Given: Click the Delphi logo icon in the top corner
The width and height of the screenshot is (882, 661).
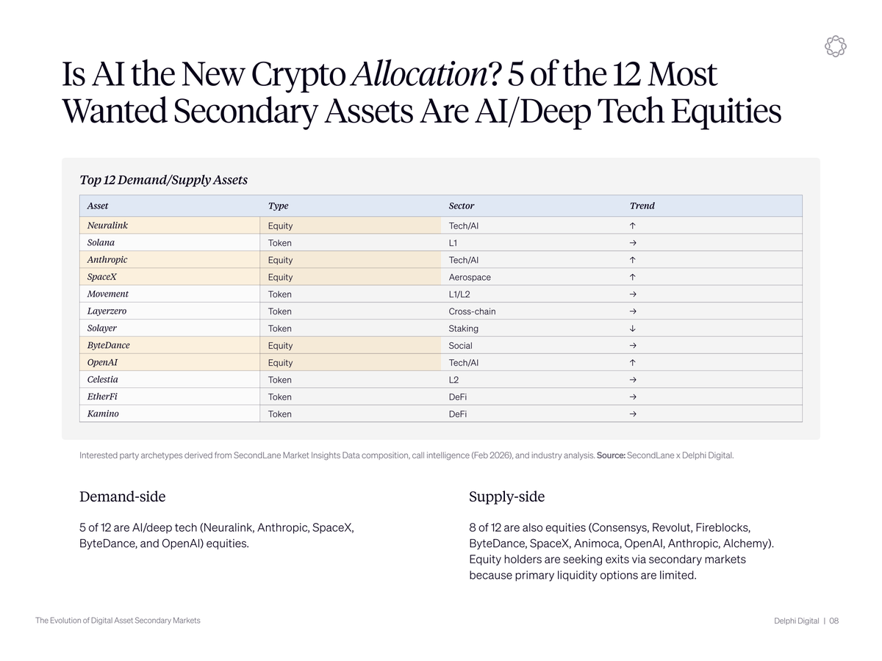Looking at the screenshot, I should click(835, 46).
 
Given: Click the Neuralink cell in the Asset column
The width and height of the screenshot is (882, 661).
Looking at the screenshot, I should click(107, 225).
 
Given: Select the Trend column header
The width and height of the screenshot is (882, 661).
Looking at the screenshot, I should click(642, 206).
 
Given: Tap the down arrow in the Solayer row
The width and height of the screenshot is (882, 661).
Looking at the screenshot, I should click(633, 328).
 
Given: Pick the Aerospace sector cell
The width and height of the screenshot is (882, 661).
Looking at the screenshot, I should click(470, 277).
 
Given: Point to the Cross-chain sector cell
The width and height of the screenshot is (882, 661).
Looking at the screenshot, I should click(472, 311).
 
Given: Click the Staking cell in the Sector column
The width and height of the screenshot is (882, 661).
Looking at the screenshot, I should click(463, 328).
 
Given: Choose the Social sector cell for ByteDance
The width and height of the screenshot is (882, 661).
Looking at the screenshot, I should click(461, 345).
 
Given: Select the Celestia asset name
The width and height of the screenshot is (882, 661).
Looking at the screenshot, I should click(102, 380).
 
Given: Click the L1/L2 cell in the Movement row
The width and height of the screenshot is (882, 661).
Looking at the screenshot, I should click(459, 295).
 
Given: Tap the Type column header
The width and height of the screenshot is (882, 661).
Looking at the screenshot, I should click(278, 206).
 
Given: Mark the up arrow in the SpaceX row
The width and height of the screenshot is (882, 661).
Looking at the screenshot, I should click(633, 277).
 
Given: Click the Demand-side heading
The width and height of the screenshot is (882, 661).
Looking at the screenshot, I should click(122, 496).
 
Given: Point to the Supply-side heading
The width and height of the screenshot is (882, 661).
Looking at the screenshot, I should click(506, 496).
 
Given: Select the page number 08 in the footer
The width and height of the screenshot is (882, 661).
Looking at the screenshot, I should click(833, 621).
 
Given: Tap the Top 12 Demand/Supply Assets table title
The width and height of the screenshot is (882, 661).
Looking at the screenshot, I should click(163, 180).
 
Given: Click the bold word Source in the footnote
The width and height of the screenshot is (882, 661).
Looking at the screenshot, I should click(611, 455).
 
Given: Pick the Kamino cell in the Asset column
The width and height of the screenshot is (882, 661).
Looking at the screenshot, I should click(103, 413).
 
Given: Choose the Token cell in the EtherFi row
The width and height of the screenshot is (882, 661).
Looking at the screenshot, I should click(279, 397).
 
